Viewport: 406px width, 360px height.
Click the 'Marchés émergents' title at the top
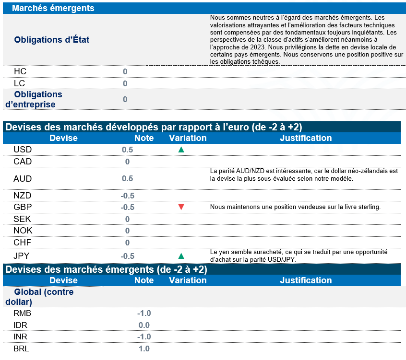click(53, 8)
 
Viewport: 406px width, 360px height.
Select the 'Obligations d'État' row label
click(52, 40)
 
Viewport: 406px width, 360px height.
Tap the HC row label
click(20, 71)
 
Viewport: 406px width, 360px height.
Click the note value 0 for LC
click(125, 83)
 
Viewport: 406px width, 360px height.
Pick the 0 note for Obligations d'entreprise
click(125, 99)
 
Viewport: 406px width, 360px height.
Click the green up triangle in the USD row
click(181, 150)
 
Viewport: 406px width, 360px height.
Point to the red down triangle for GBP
click(181, 207)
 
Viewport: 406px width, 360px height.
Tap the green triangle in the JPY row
click(181, 256)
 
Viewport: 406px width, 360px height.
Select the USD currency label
click(23, 150)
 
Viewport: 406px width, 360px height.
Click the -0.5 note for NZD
click(128, 196)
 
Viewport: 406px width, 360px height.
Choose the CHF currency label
click(23, 243)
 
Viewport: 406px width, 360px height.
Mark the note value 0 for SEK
click(128, 219)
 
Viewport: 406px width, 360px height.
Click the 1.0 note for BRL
click(144, 348)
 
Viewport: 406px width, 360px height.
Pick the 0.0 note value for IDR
click(144, 325)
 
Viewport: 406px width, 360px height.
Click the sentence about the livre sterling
click(295, 207)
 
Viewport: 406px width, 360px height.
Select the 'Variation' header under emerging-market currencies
click(188, 280)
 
